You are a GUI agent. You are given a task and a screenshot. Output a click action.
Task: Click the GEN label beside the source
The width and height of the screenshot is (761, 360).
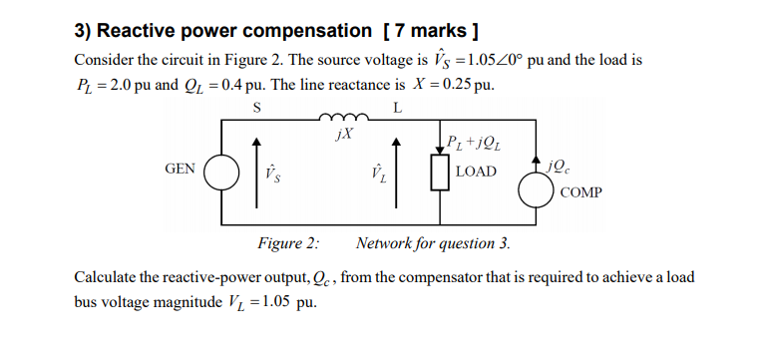(180, 170)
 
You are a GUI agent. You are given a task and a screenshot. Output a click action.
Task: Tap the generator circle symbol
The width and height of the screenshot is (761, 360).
(221, 172)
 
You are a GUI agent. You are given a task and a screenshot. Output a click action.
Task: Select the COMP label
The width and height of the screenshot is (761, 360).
(580, 191)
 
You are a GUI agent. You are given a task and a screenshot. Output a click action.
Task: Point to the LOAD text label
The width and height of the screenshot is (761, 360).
(476, 172)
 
